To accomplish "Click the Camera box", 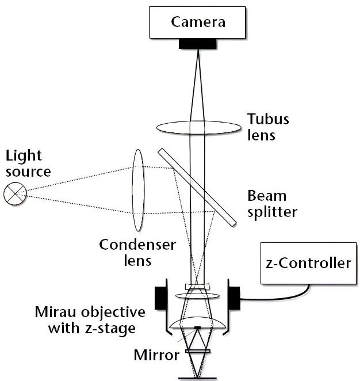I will click(197, 22).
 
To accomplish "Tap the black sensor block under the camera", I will click(198, 43).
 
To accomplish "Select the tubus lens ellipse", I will click(198, 127).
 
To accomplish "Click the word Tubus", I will click(268, 120).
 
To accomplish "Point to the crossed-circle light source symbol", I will click(13, 193).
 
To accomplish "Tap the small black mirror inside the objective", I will click(197, 327).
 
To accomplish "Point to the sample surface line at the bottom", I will click(197, 378).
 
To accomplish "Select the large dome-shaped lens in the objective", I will click(197, 323).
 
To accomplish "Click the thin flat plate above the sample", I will click(197, 350).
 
